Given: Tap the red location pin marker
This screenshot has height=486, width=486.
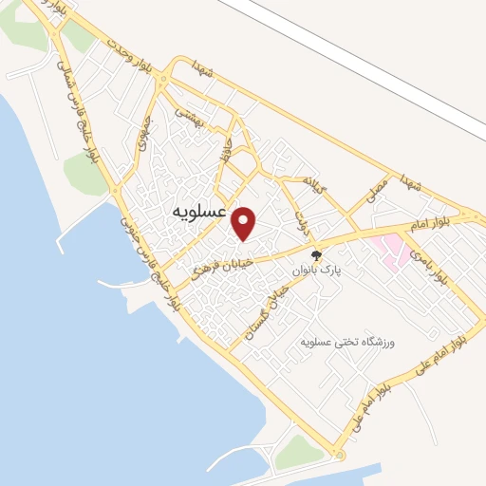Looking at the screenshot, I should (x=244, y=224).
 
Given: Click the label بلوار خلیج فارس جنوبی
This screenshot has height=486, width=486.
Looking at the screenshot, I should (x=149, y=264).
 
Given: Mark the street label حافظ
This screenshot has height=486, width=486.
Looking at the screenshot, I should (x=226, y=151).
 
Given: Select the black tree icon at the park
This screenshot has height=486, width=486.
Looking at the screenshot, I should (x=318, y=255).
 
